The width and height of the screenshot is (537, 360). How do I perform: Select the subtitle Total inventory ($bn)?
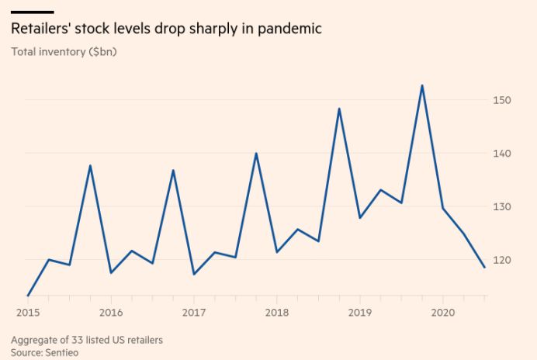[64, 52]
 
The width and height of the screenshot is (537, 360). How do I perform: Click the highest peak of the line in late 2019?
[422, 85]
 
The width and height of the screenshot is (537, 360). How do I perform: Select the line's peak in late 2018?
[339, 109]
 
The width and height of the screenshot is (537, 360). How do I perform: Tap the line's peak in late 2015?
[90, 165]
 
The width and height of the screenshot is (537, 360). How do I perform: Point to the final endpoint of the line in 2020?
[484, 267]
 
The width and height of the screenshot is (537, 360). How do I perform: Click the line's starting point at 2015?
[28, 296]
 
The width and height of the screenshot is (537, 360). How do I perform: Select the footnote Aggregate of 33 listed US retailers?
[87, 340]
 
